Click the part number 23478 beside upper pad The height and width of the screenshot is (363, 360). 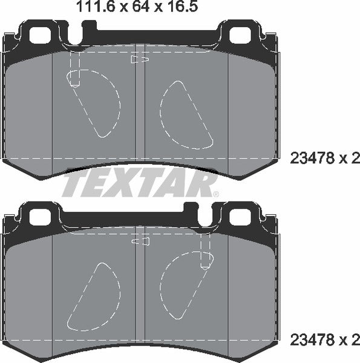pyautogui.click(x=313, y=159)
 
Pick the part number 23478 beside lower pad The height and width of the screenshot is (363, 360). pyautogui.click(x=313, y=338)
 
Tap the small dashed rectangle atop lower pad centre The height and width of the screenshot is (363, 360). pyautogui.click(x=140, y=241)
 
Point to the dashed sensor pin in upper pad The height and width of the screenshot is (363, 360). pyautogui.click(x=75, y=70)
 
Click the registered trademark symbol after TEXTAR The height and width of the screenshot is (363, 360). pyautogui.click(x=215, y=194)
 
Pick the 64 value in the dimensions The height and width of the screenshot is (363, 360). pyautogui.click(x=116, y=7)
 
